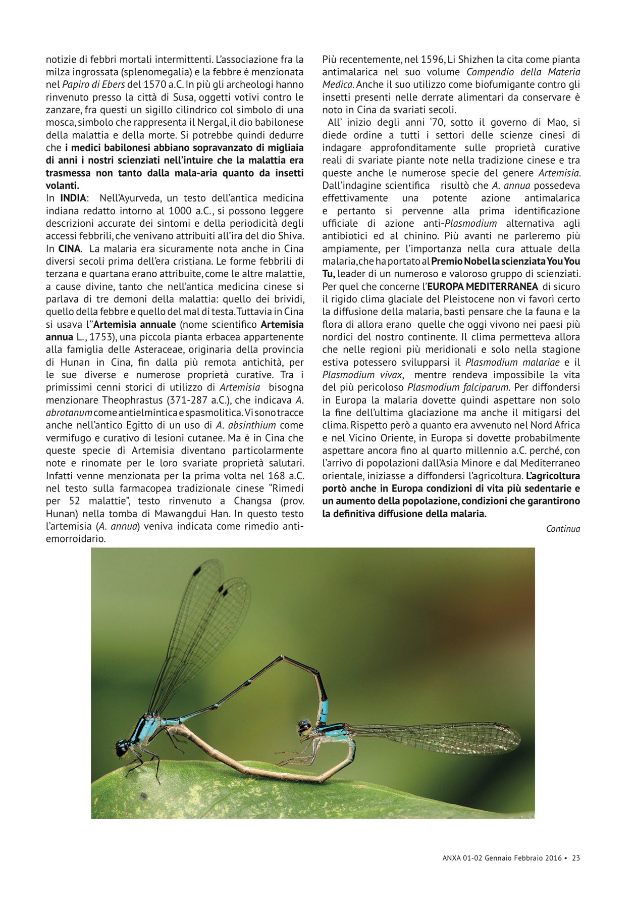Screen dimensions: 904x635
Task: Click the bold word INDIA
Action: [x=73, y=198]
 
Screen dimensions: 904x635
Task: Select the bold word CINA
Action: [x=69, y=248]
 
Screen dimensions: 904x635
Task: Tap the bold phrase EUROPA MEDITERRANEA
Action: [x=483, y=286]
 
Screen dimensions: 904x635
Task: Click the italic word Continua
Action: [x=563, y=529]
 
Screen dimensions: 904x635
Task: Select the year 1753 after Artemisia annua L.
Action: [x=100, y=337]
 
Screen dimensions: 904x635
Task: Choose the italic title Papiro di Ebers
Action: [x=93, y=84]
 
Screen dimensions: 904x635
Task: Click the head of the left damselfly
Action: [x=123, y=746]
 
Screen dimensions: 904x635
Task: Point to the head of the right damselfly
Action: [x=305, y=727]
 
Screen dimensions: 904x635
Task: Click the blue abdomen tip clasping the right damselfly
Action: [x=324, y=707]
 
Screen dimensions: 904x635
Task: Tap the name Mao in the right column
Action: [x=557, y=122]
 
